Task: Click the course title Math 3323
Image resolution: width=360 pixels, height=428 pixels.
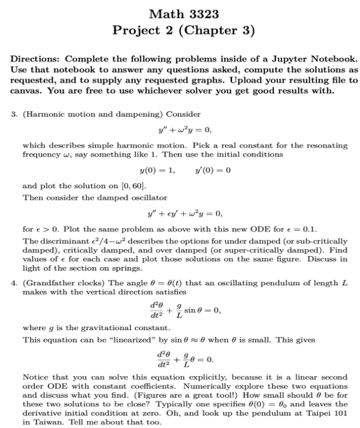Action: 180,14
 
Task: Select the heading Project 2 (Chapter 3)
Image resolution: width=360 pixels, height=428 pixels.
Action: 180,31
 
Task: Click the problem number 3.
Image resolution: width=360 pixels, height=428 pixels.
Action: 13,113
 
